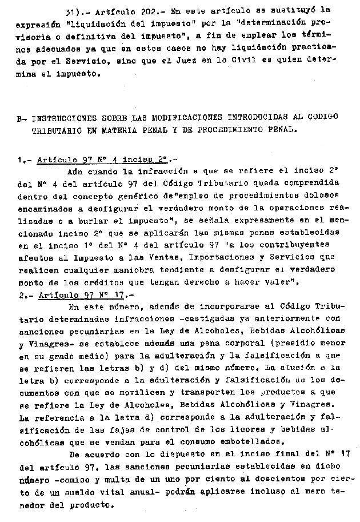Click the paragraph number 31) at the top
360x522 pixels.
[75, 10]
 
